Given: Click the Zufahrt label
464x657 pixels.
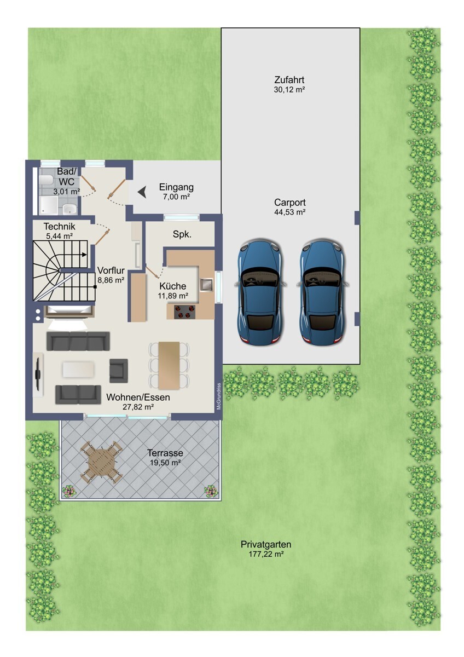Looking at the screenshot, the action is (x=289, y=80).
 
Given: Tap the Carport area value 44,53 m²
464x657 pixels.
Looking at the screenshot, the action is (x=289, y=212).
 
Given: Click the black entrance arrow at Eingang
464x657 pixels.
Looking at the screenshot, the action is (x=142, y=192).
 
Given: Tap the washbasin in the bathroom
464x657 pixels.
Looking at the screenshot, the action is (x=69, y=209).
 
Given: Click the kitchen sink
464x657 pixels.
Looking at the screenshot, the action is (x=206, y=284).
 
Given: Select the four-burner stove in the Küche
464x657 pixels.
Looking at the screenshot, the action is (x=184, y=312).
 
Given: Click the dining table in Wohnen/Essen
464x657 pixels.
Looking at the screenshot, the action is (x=169, y=366).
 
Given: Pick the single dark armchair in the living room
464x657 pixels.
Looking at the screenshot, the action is (x=118, y=371).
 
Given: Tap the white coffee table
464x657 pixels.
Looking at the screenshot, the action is (x=79, y=369).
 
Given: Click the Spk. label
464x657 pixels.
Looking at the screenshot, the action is (x=182, y=234).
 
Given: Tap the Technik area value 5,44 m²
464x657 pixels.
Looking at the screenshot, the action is (x=60, y=235).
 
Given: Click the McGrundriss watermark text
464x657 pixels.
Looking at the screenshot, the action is (x=219, y=396).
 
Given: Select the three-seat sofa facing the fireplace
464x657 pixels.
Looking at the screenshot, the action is (x=78, y=341).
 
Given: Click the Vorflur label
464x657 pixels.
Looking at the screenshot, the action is (x=111, y=270).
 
